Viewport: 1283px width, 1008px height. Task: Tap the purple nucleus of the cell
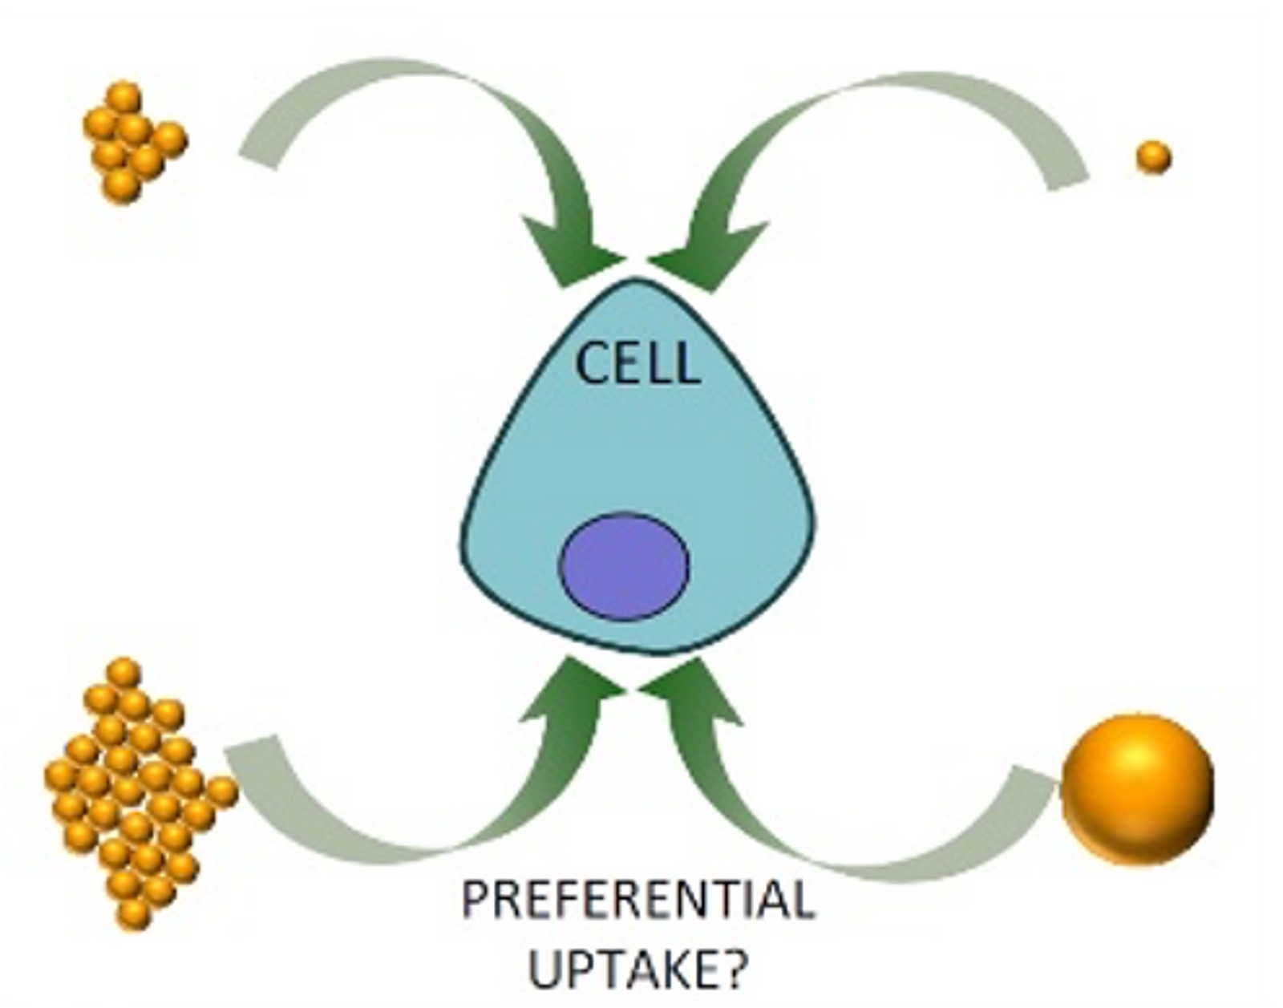pos(624,567)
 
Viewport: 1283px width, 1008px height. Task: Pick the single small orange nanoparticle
pos(1154,157)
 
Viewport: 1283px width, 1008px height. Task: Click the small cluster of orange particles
pos(135,142)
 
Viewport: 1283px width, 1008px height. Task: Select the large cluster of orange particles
pos(140,794)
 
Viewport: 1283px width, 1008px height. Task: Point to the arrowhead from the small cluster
pos(570,251)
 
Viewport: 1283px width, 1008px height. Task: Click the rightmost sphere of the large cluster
pos(222,792)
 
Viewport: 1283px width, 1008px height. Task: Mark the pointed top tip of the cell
pos(635,278)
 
